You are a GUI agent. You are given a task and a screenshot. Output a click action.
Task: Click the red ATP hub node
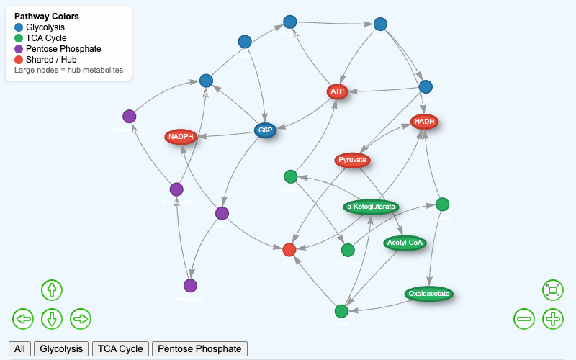pos(337,91)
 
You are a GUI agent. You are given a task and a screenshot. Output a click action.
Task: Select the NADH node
pos(425,122)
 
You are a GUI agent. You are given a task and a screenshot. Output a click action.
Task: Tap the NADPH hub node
pos(181,136)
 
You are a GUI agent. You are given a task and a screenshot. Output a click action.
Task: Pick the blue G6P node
pos(266,130)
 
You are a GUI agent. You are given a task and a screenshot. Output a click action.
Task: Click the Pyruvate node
pos(353,159)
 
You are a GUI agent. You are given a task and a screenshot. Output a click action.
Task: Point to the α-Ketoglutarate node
pos(371,207)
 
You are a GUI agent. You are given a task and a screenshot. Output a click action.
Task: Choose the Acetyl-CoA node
pos(405,243)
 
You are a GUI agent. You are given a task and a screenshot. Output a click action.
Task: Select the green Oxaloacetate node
pos(428,293)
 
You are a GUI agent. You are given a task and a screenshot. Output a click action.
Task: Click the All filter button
pos(19,348)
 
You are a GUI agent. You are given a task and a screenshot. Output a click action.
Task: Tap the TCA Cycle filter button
pos(120,348)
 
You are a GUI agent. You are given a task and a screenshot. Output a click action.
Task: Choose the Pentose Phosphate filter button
pos(199,348)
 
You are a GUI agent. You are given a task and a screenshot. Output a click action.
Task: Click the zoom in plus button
pos(552,318)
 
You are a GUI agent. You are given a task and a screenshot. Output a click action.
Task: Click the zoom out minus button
pos(523,318)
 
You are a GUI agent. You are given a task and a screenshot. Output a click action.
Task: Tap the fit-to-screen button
pos(552,289)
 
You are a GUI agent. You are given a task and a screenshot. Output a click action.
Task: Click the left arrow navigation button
pos(23,318)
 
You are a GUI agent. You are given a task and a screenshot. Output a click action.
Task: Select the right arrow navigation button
pos(80,318)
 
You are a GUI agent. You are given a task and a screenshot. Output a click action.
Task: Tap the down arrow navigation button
pos(51,318)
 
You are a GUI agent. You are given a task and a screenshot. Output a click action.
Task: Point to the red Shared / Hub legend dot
pos(19,59)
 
